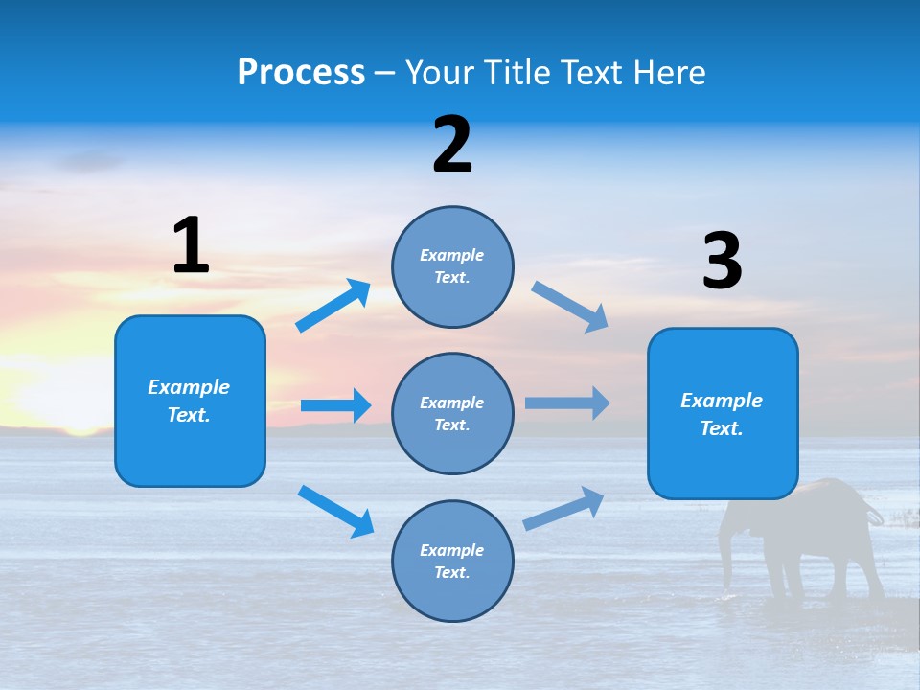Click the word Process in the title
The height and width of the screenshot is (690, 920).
click(301, 72)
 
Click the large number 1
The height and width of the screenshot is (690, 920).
click(191, 245)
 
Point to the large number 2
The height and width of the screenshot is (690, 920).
click(452, 144)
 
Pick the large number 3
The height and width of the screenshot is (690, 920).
click(722, 262)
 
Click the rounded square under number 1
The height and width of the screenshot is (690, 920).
click(190, 401)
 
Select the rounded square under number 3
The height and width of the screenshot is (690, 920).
click(723, 413)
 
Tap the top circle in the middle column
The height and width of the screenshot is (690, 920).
click(452, 265)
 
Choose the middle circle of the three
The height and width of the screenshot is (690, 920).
click(452, 413)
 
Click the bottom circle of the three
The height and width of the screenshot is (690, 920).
click(452, 561)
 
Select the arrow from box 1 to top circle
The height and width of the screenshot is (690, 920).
click(333, 306)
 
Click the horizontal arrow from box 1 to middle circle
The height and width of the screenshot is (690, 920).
click(335, 405)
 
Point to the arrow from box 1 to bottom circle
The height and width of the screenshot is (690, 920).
click(335, 511)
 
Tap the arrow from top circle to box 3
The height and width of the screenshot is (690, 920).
click(570, 307)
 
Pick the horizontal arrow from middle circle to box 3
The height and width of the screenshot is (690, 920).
click(567, 402)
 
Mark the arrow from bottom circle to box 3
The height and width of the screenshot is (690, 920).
click(563, 509)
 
